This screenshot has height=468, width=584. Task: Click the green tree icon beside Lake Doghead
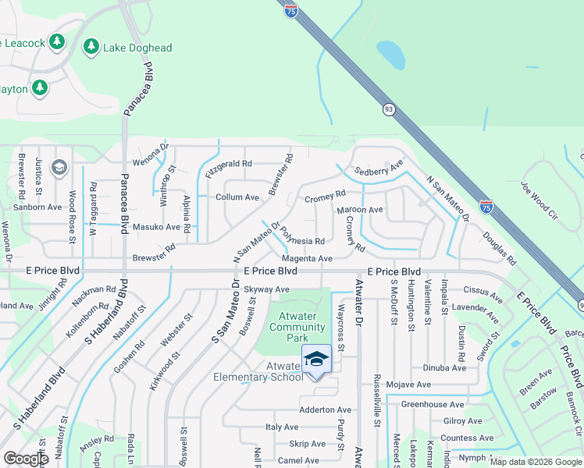[x=91, y=47]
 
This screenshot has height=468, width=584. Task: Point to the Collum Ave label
[x=237, y=197]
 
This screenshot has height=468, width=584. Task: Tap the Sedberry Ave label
[x=378, y=169]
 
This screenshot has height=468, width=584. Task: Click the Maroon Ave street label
[x=360, y=210]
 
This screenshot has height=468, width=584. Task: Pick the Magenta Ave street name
[x=308, y=258]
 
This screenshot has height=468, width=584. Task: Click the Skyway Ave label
[x=266, y=289]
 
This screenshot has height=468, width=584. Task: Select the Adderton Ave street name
[x=326, y=409]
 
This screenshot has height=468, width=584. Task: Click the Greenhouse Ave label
[x=433, y=404]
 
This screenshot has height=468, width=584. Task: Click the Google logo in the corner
[x=27, y=459]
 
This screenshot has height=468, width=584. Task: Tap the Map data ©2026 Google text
[x=536, y=461]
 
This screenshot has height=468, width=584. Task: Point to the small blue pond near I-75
[x=391, y=55]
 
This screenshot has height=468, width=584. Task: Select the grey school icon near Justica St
[x=59, y=168]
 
